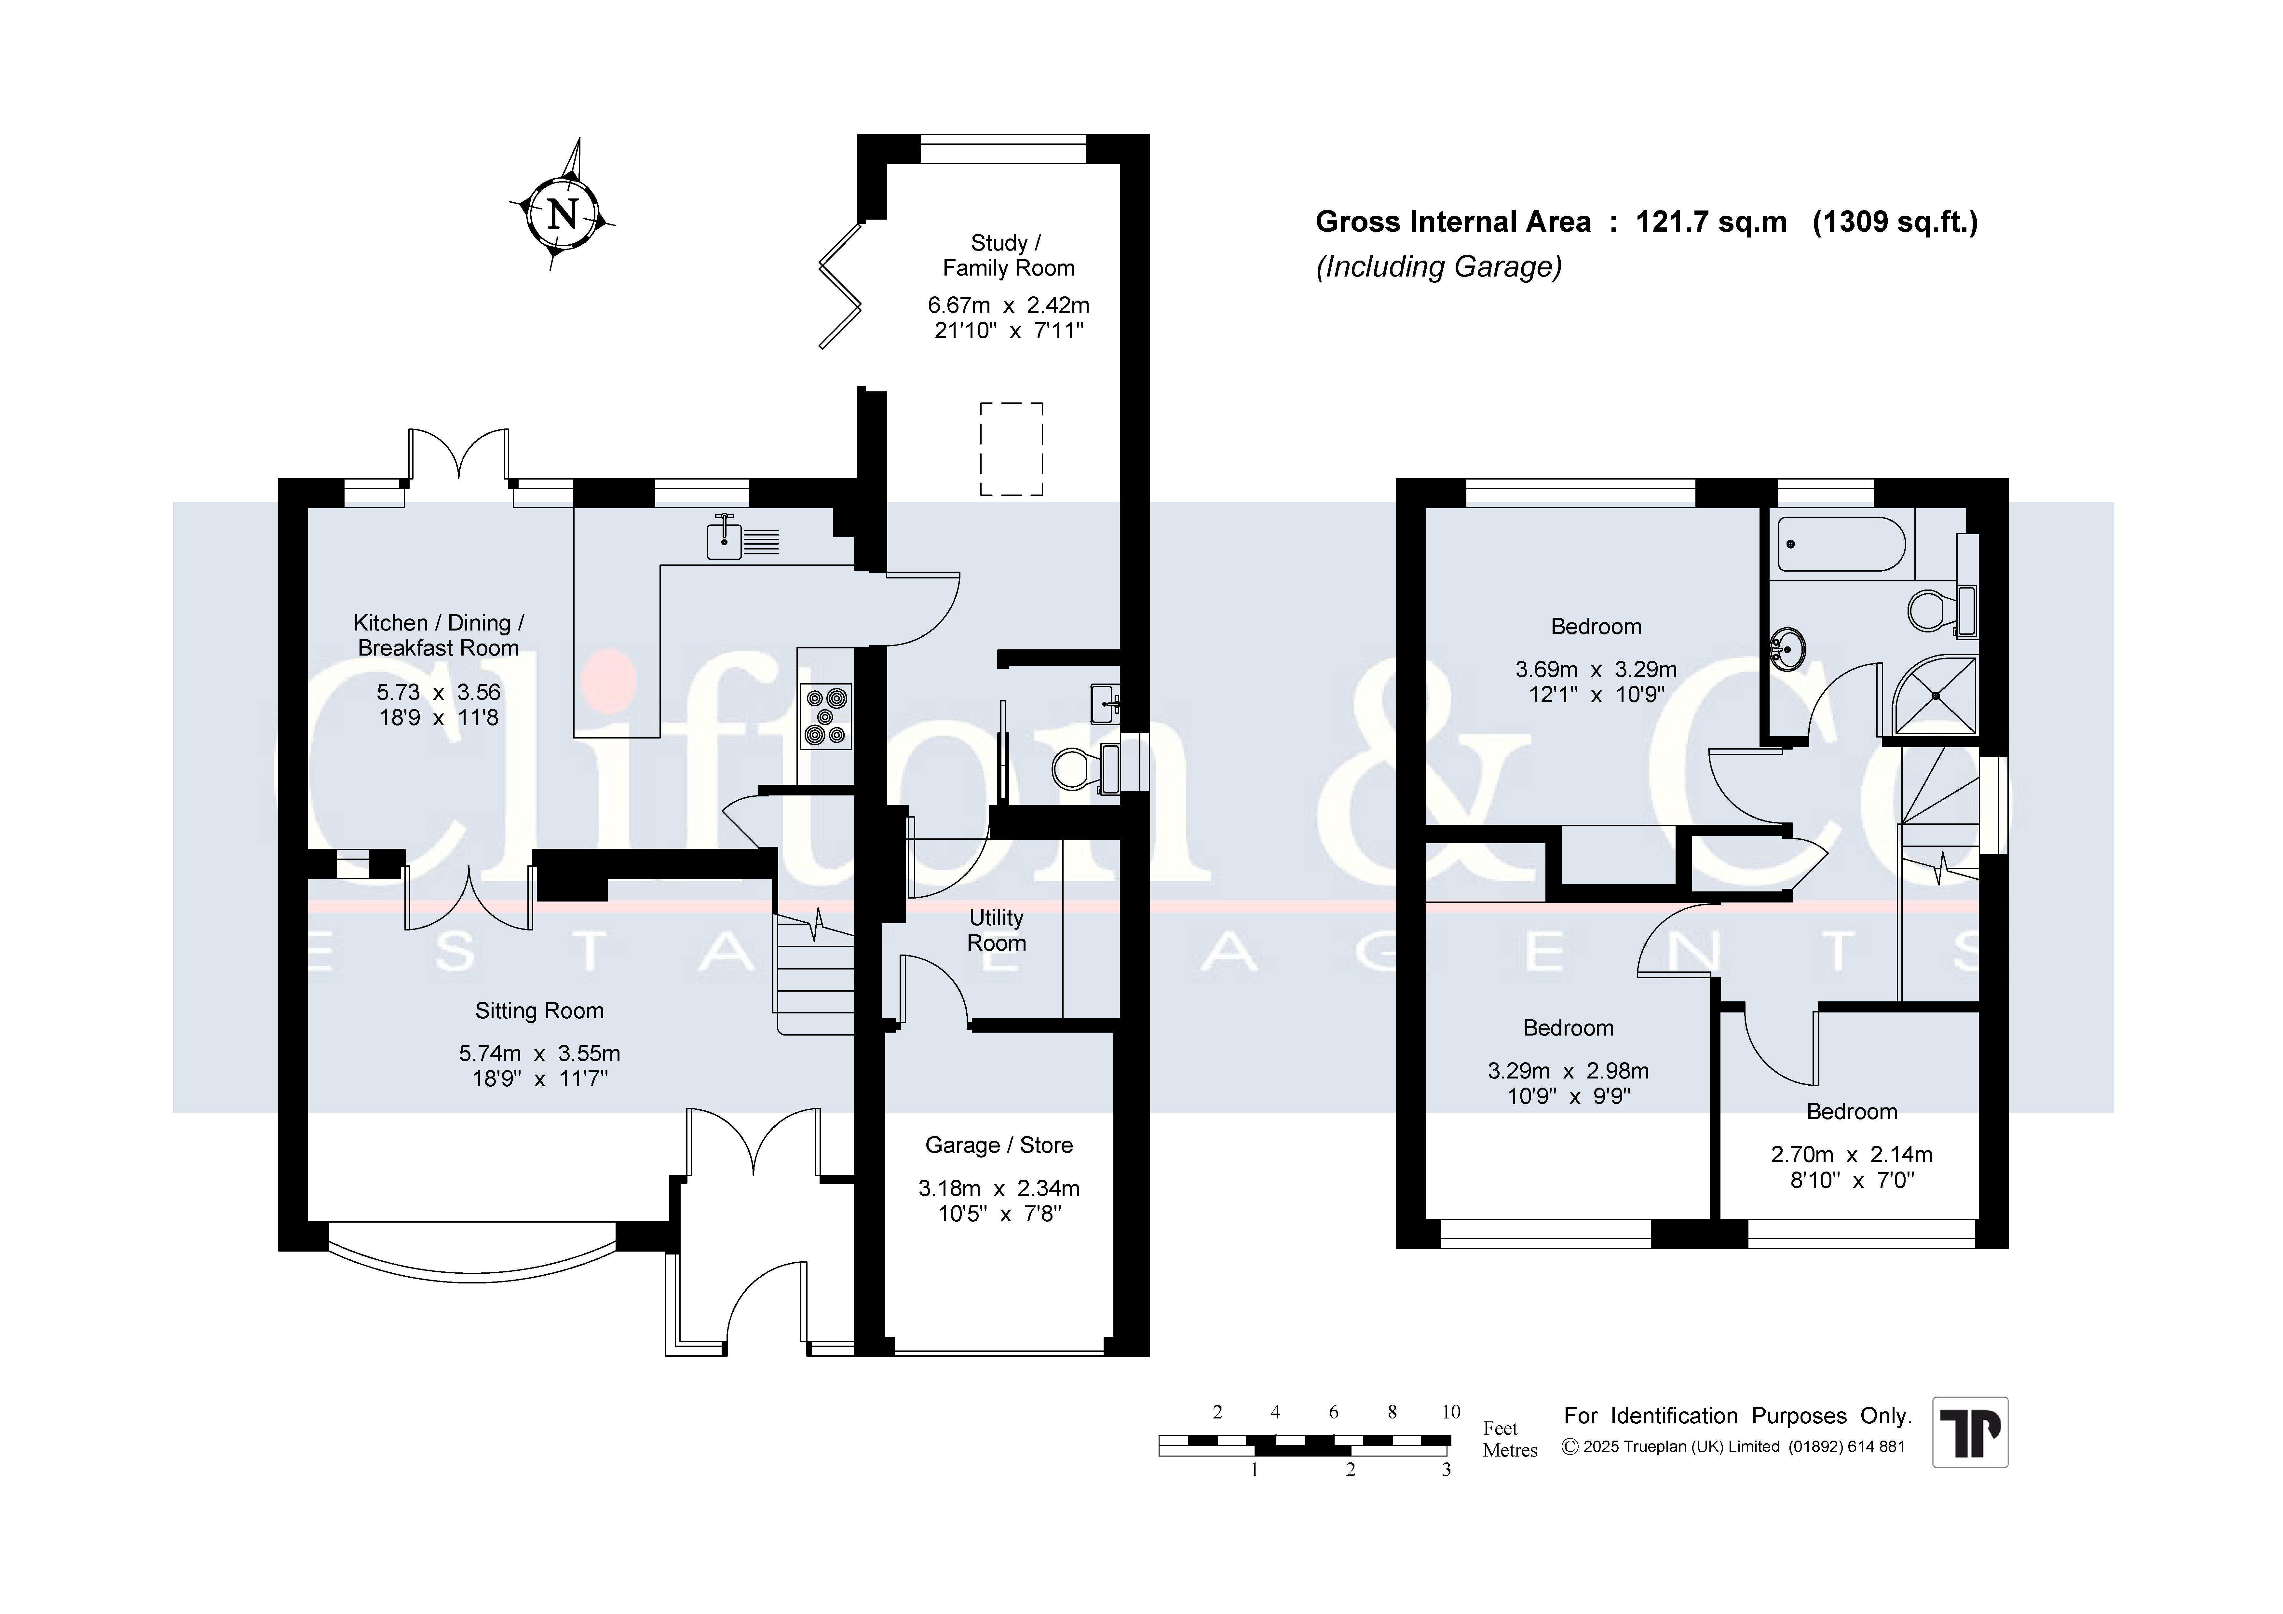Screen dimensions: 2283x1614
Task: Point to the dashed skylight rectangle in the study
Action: tap(1011, 449)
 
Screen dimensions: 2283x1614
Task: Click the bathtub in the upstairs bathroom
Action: tap(1841, 544)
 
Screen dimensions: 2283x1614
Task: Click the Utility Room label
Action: tap(996, 930)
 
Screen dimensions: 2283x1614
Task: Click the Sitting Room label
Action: tap(539, 1011)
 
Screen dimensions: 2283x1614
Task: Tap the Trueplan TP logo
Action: tap(1970, 1432)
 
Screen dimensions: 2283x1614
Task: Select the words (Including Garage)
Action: tap(1439, 266)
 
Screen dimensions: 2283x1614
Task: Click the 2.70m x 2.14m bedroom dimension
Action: tap(1852, 1155)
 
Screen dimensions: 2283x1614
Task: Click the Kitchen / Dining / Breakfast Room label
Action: tap(439, 635)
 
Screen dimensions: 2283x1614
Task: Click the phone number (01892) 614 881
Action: tap(1846, 1447)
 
